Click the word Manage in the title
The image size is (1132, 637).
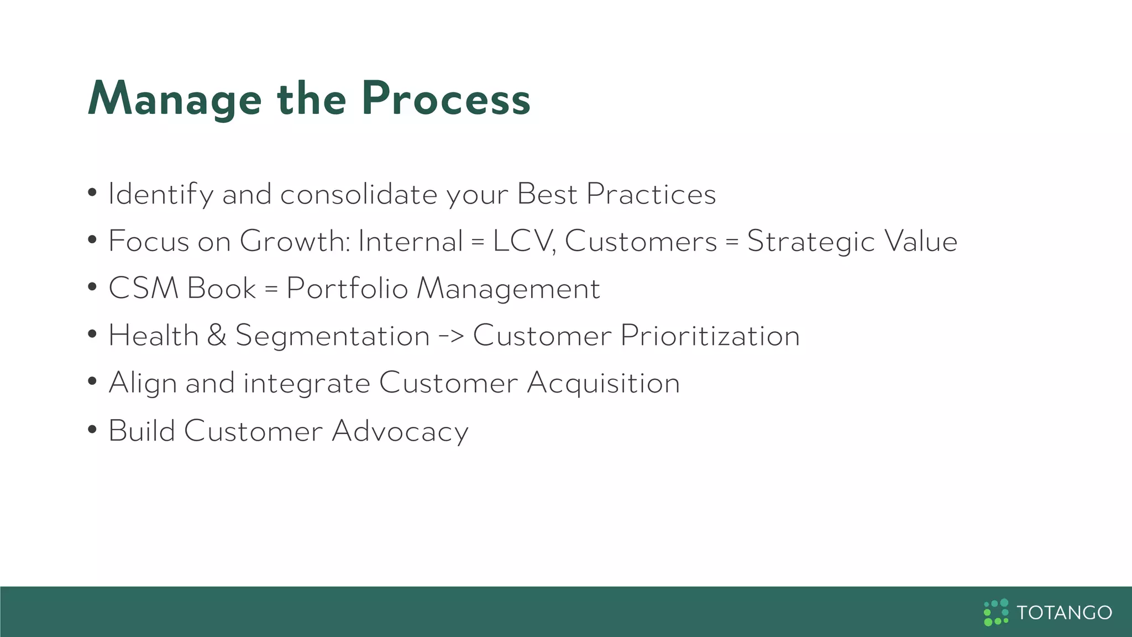175,100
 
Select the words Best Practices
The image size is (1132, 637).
616,194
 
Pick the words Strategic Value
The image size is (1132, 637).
852,242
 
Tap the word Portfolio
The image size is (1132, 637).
347,289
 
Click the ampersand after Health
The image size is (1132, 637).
217,336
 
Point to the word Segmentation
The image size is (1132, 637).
332,336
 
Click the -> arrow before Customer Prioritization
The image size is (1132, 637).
451,336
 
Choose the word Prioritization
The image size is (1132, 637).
710,336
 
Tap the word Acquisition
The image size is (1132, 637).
603,383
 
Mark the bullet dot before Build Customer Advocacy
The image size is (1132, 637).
92,430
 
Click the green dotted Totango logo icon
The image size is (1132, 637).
996,612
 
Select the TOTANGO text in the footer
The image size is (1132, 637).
1064,613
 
